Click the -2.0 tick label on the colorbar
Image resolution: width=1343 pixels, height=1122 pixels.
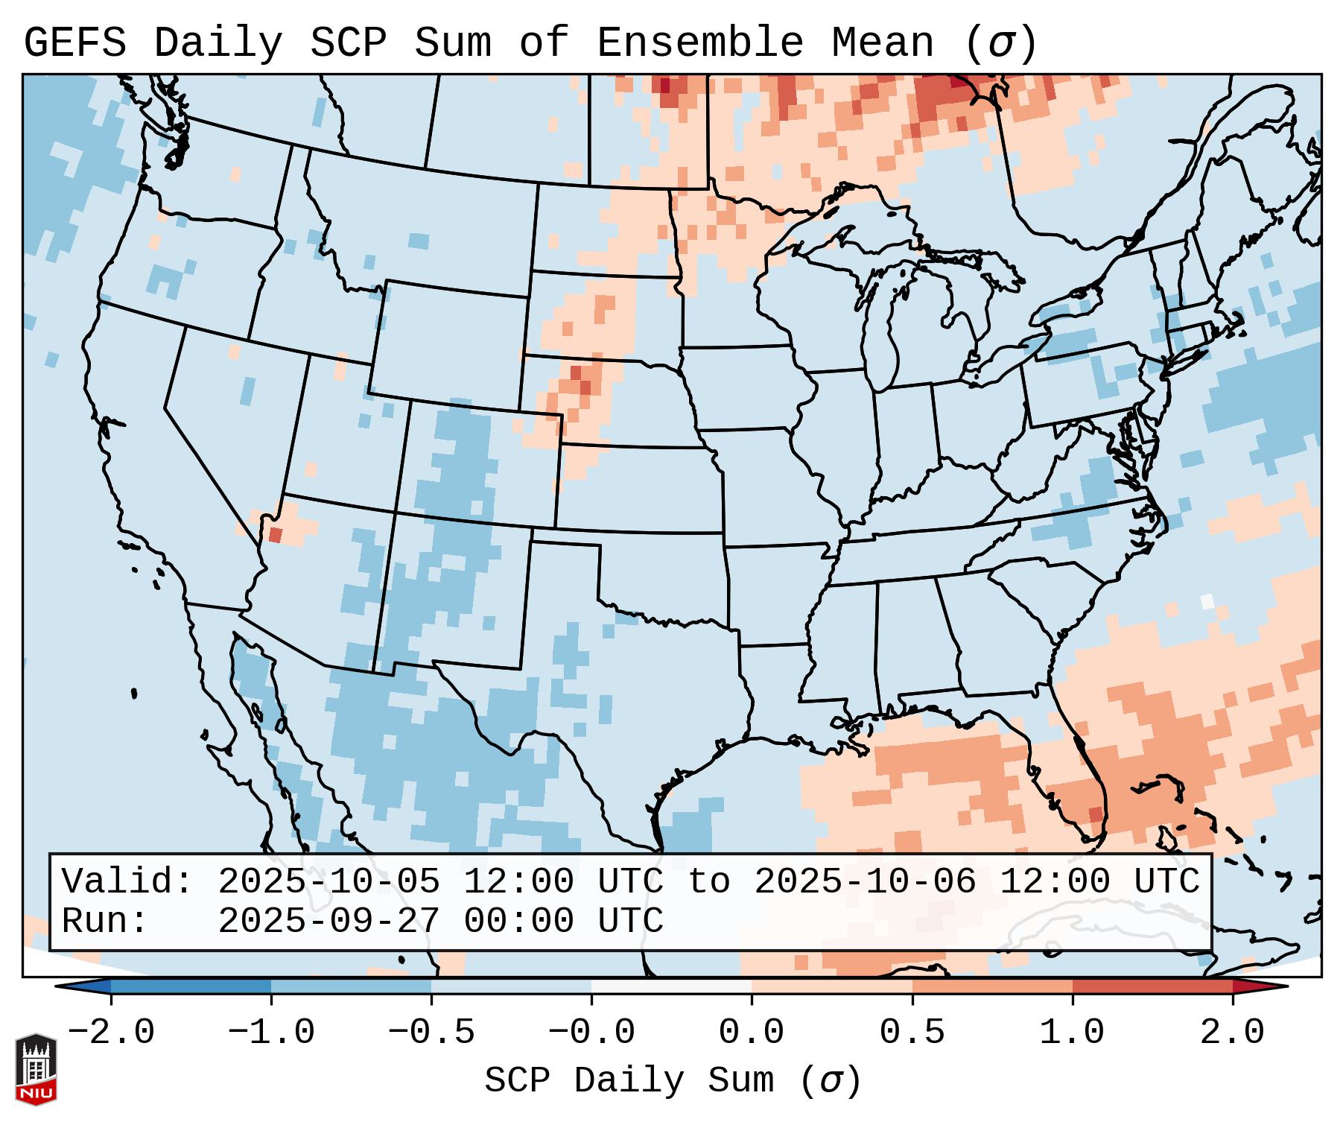(x=111, y=1033)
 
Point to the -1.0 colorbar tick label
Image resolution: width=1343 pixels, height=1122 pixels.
(x=271, y=1033)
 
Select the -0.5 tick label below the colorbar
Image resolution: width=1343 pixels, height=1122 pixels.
(x=431, y=1033)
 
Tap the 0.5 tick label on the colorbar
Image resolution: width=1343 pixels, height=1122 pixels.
(x=912, y=1033)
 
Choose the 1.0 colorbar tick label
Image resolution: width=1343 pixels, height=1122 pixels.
(x=1072, y=1033)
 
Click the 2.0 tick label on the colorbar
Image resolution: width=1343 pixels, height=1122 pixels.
(x=1232, y=1033)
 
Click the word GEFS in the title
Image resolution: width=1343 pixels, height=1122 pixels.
(x=75, y=42)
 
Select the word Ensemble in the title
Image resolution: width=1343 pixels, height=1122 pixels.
(x=699, y=42)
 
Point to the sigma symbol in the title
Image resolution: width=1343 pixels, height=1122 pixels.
(x=1000, y=42)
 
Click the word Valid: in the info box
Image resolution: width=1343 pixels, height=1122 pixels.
(x=127, y=881)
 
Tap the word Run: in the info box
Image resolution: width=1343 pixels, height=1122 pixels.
(x=105, y=922)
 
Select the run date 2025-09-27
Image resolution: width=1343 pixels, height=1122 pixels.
(x=328, y=922)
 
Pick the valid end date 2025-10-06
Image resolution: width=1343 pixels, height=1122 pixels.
(x=865, y=881)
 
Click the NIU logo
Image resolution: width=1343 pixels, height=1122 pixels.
(x=36, y=1069)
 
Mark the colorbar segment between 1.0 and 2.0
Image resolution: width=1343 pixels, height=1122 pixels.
(x=1152, y=986)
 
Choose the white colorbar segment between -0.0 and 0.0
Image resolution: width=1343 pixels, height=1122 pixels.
(x=671, y=986)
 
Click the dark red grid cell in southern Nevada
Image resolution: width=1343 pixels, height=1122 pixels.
(x=275, y=534)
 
